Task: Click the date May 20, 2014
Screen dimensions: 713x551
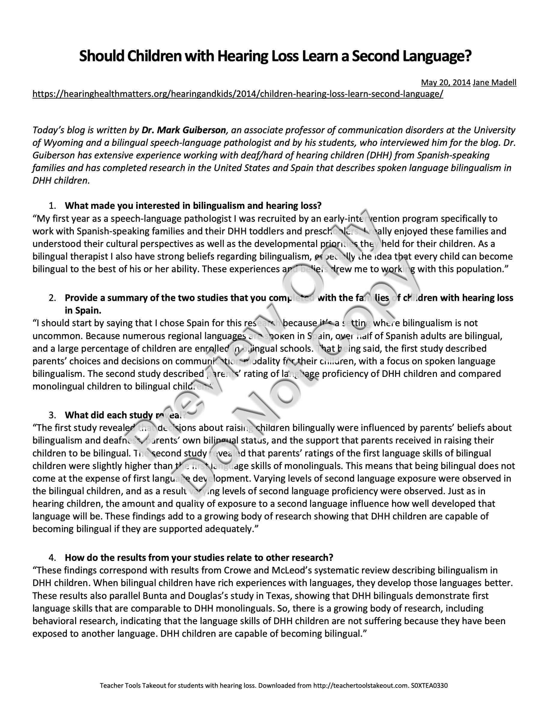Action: click(x=446, y=82)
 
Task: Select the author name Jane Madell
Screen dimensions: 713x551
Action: click(x=495, y=82)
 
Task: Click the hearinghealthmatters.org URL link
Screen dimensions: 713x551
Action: click(x=238, y=94)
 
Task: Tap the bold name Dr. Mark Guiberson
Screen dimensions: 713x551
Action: click(x=183, y=130)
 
